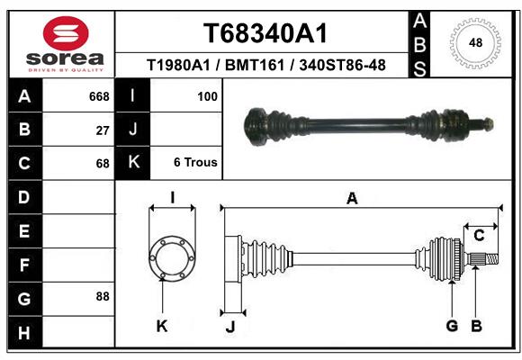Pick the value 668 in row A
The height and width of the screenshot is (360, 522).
[99, 96]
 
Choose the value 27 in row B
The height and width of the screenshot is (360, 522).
[103, 130]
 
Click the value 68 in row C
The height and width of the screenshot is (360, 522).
[103, 164]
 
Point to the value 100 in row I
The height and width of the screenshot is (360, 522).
[207, 96]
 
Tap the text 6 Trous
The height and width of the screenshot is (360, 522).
[194, 163]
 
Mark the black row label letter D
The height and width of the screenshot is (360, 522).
[24, 197]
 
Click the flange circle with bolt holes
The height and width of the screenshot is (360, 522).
[172, 258]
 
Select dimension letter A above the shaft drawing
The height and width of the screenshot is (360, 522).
[352, 199]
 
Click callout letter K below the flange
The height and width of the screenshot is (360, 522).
[162, 327]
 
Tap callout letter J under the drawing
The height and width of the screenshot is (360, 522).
[229, 327]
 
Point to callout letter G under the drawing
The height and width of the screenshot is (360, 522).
[452, 326]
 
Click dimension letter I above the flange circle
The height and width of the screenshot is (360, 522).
[172, 198]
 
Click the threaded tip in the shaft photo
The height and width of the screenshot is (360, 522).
[486, 122]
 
